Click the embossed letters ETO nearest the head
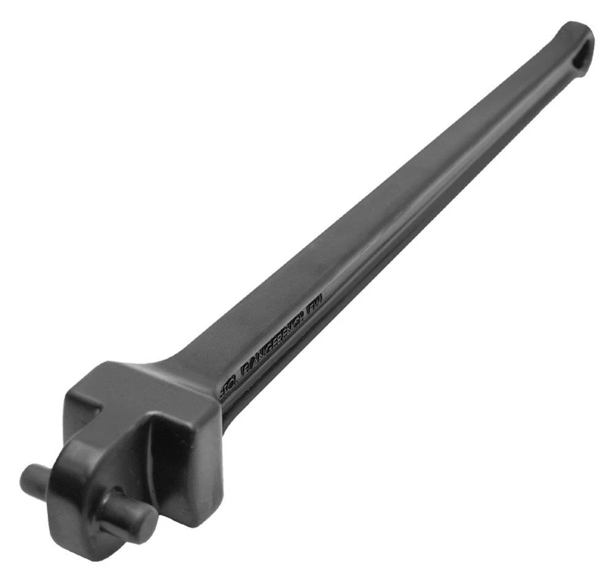tap(230, 387)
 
